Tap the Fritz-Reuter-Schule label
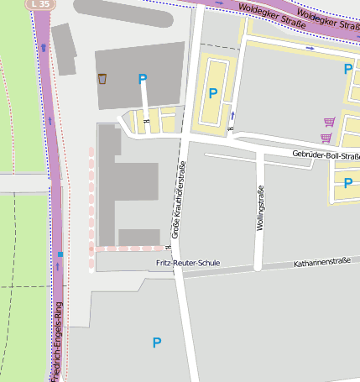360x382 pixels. coord(188,263)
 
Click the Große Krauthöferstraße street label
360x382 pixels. coord(179,199)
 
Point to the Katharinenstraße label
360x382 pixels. coord(321,263)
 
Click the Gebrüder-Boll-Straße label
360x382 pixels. coord(326,155)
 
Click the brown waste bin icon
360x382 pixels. coord(102,79)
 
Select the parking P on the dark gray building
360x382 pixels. coord(143,79)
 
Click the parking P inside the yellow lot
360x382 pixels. coord(213,93)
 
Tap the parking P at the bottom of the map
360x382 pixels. coord(156,342)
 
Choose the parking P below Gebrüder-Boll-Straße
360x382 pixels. coord(347,183)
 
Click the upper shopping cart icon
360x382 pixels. coord(329,123)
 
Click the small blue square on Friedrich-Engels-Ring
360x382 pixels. coord(60,253)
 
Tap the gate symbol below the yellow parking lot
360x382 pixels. coord(229,129)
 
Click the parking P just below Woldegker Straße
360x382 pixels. coord(347,69)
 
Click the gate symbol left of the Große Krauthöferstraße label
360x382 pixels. coord(167,247)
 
